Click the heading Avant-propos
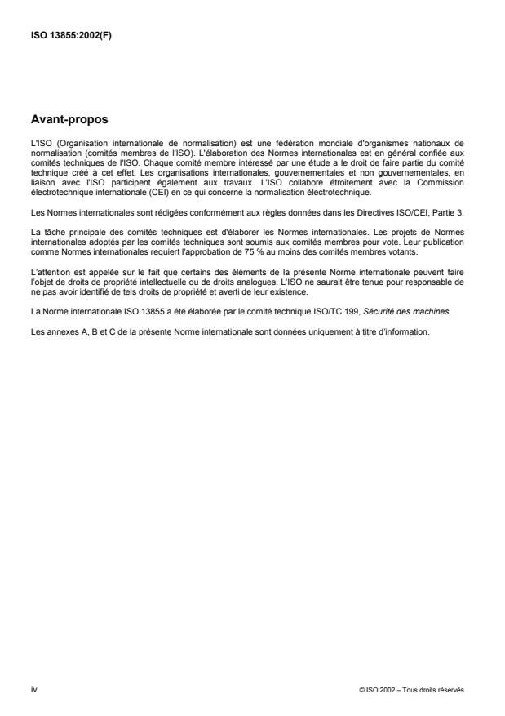click(70, 120)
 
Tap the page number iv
click(33, 690)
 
